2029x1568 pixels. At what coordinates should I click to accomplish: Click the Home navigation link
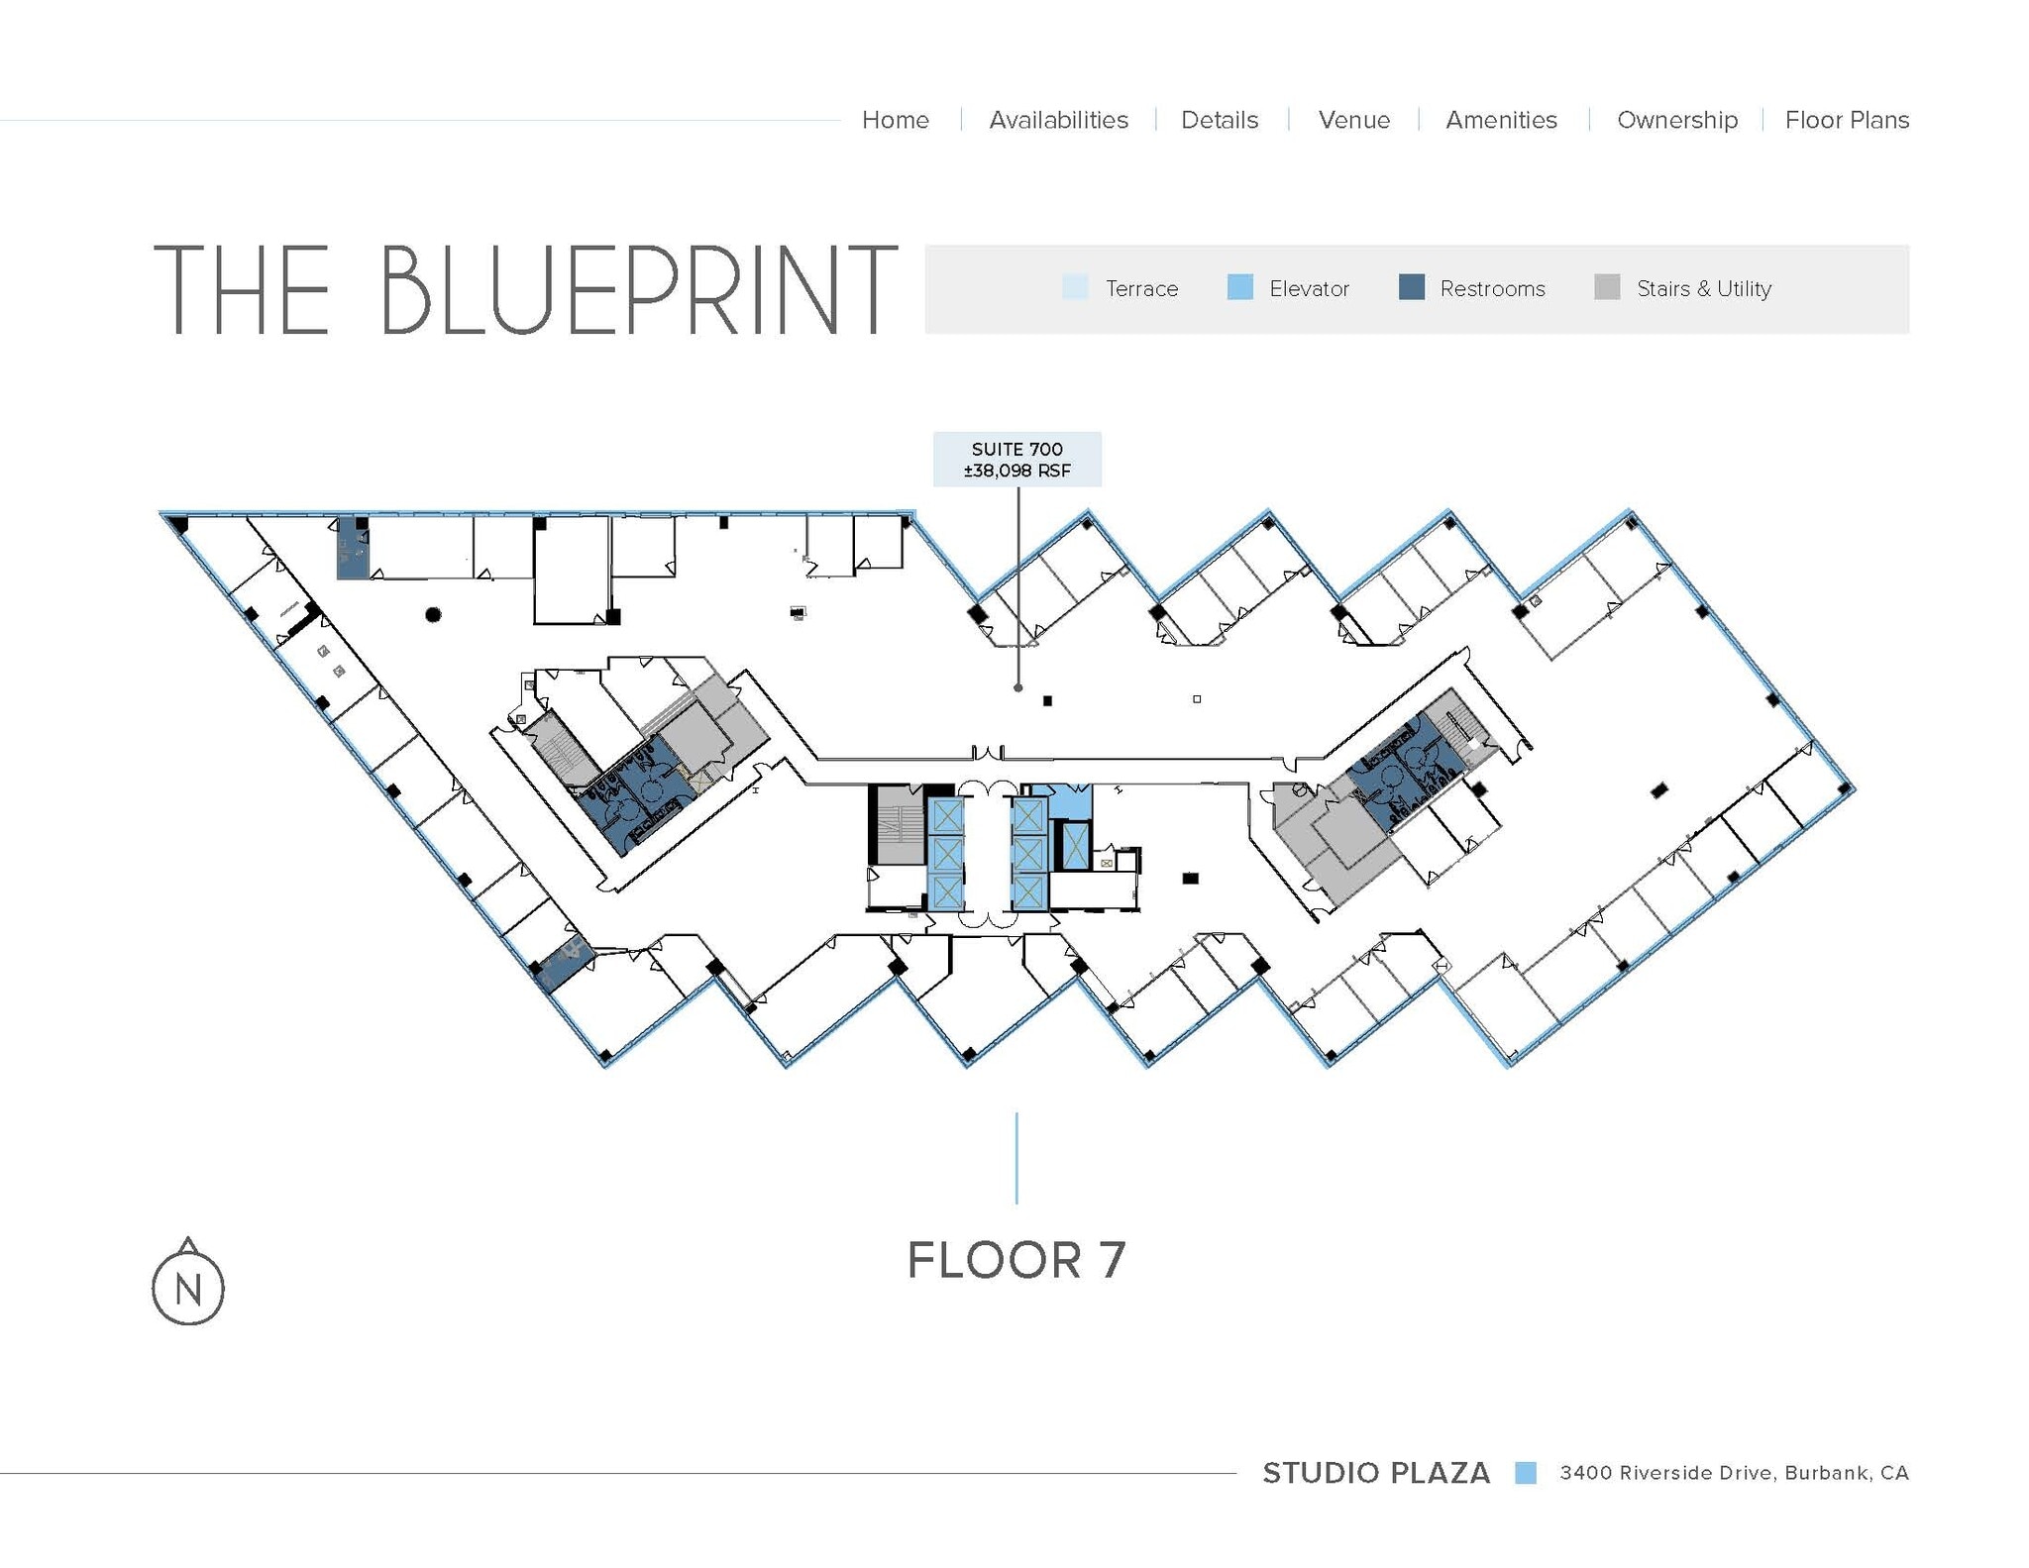(x=895, y=120)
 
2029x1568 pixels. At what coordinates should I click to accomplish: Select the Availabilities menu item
(x=1058, y=120)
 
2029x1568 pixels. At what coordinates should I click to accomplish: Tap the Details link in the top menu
(x=1219, y=120)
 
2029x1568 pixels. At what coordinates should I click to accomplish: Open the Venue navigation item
(x=1353, y=120)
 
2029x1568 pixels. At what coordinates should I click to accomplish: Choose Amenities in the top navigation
(x=1501, y=120)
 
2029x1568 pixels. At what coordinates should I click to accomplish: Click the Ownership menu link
(x=1676, y=120)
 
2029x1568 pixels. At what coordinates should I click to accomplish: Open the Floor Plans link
(x=1846, y=120)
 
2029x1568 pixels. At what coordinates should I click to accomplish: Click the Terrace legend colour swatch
(x=1074, y=287)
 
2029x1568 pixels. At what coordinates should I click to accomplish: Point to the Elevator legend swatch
(x=1239, y=287)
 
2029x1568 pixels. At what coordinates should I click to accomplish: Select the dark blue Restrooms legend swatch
(x=1411, y=287)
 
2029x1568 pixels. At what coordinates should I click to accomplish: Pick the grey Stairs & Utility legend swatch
(x=1607, y=287)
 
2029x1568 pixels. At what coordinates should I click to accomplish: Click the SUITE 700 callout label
(x=1016, y=460)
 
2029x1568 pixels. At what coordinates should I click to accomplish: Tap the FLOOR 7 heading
(x=1016, y=1260)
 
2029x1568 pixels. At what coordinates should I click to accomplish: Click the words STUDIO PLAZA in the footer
(x=1375, y=1473)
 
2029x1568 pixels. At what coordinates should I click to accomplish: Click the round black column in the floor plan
(x=433, y=615)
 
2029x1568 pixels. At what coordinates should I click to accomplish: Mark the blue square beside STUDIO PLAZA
(x=1525, y=1473)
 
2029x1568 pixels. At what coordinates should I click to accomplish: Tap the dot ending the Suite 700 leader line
(x=1017, y=687)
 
